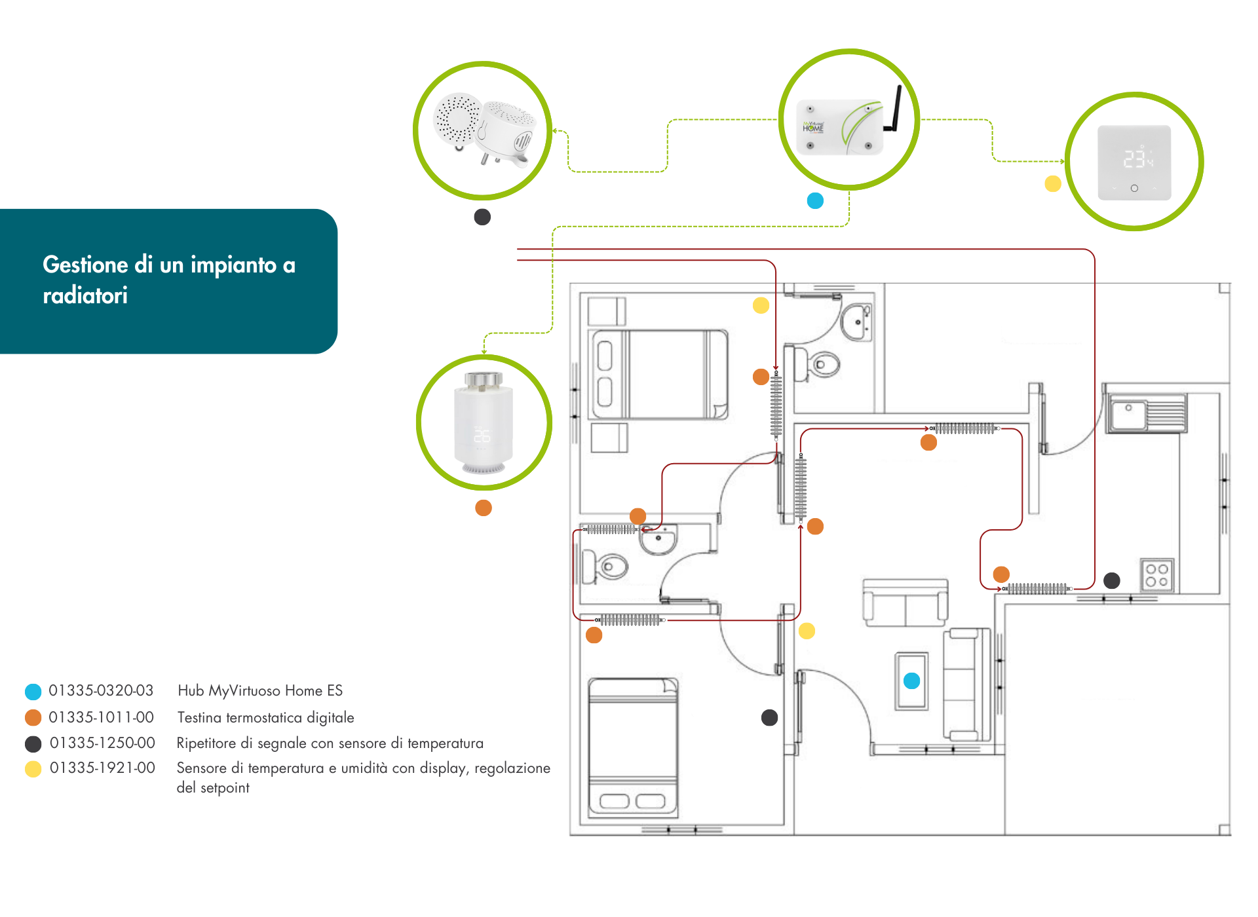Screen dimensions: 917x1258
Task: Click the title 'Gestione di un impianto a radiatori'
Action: (169, 280)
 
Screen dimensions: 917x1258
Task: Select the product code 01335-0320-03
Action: (101, 691)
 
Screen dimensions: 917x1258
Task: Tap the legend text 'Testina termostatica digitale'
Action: (265, 718)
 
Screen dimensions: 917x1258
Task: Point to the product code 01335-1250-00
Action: (102, 743)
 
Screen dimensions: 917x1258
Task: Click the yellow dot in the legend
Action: (33, 769)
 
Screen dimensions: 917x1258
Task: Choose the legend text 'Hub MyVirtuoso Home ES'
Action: (260, 691)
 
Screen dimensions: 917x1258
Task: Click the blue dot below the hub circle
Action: (815, 200)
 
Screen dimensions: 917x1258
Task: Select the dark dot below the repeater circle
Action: (482, 217)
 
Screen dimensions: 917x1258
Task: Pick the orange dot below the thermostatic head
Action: (484, 508)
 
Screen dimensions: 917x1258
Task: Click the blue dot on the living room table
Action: (911, 681)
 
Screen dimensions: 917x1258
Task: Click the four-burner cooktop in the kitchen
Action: (1156, 575)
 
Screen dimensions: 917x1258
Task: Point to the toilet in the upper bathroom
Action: (819, 364)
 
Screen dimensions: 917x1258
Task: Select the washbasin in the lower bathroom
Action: (658, 540)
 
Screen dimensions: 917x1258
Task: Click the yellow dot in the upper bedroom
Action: (761, 305)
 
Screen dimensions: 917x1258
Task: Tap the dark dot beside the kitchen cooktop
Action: (1112, 580)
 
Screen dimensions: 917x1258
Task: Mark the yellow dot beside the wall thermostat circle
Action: (1053, 184)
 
